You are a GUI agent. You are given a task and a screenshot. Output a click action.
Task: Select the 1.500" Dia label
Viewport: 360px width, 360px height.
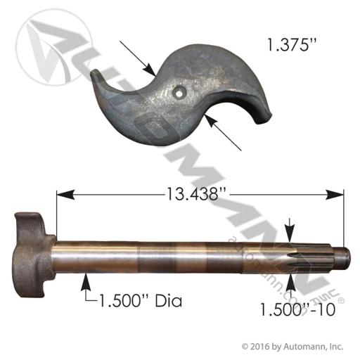tap(141, 301)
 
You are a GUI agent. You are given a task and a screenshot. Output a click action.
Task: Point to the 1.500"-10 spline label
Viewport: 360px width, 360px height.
tap(297, 309)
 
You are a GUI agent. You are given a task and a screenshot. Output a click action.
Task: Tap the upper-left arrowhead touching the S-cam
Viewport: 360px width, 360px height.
tap(150, 70)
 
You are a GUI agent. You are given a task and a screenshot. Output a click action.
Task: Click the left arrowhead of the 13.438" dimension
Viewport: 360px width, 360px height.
tap(65, 195)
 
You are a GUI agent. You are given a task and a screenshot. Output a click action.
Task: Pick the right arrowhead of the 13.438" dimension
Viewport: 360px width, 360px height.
tap(335, 195)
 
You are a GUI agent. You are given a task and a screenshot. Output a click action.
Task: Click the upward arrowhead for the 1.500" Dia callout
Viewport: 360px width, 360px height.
tap(86, 282)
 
